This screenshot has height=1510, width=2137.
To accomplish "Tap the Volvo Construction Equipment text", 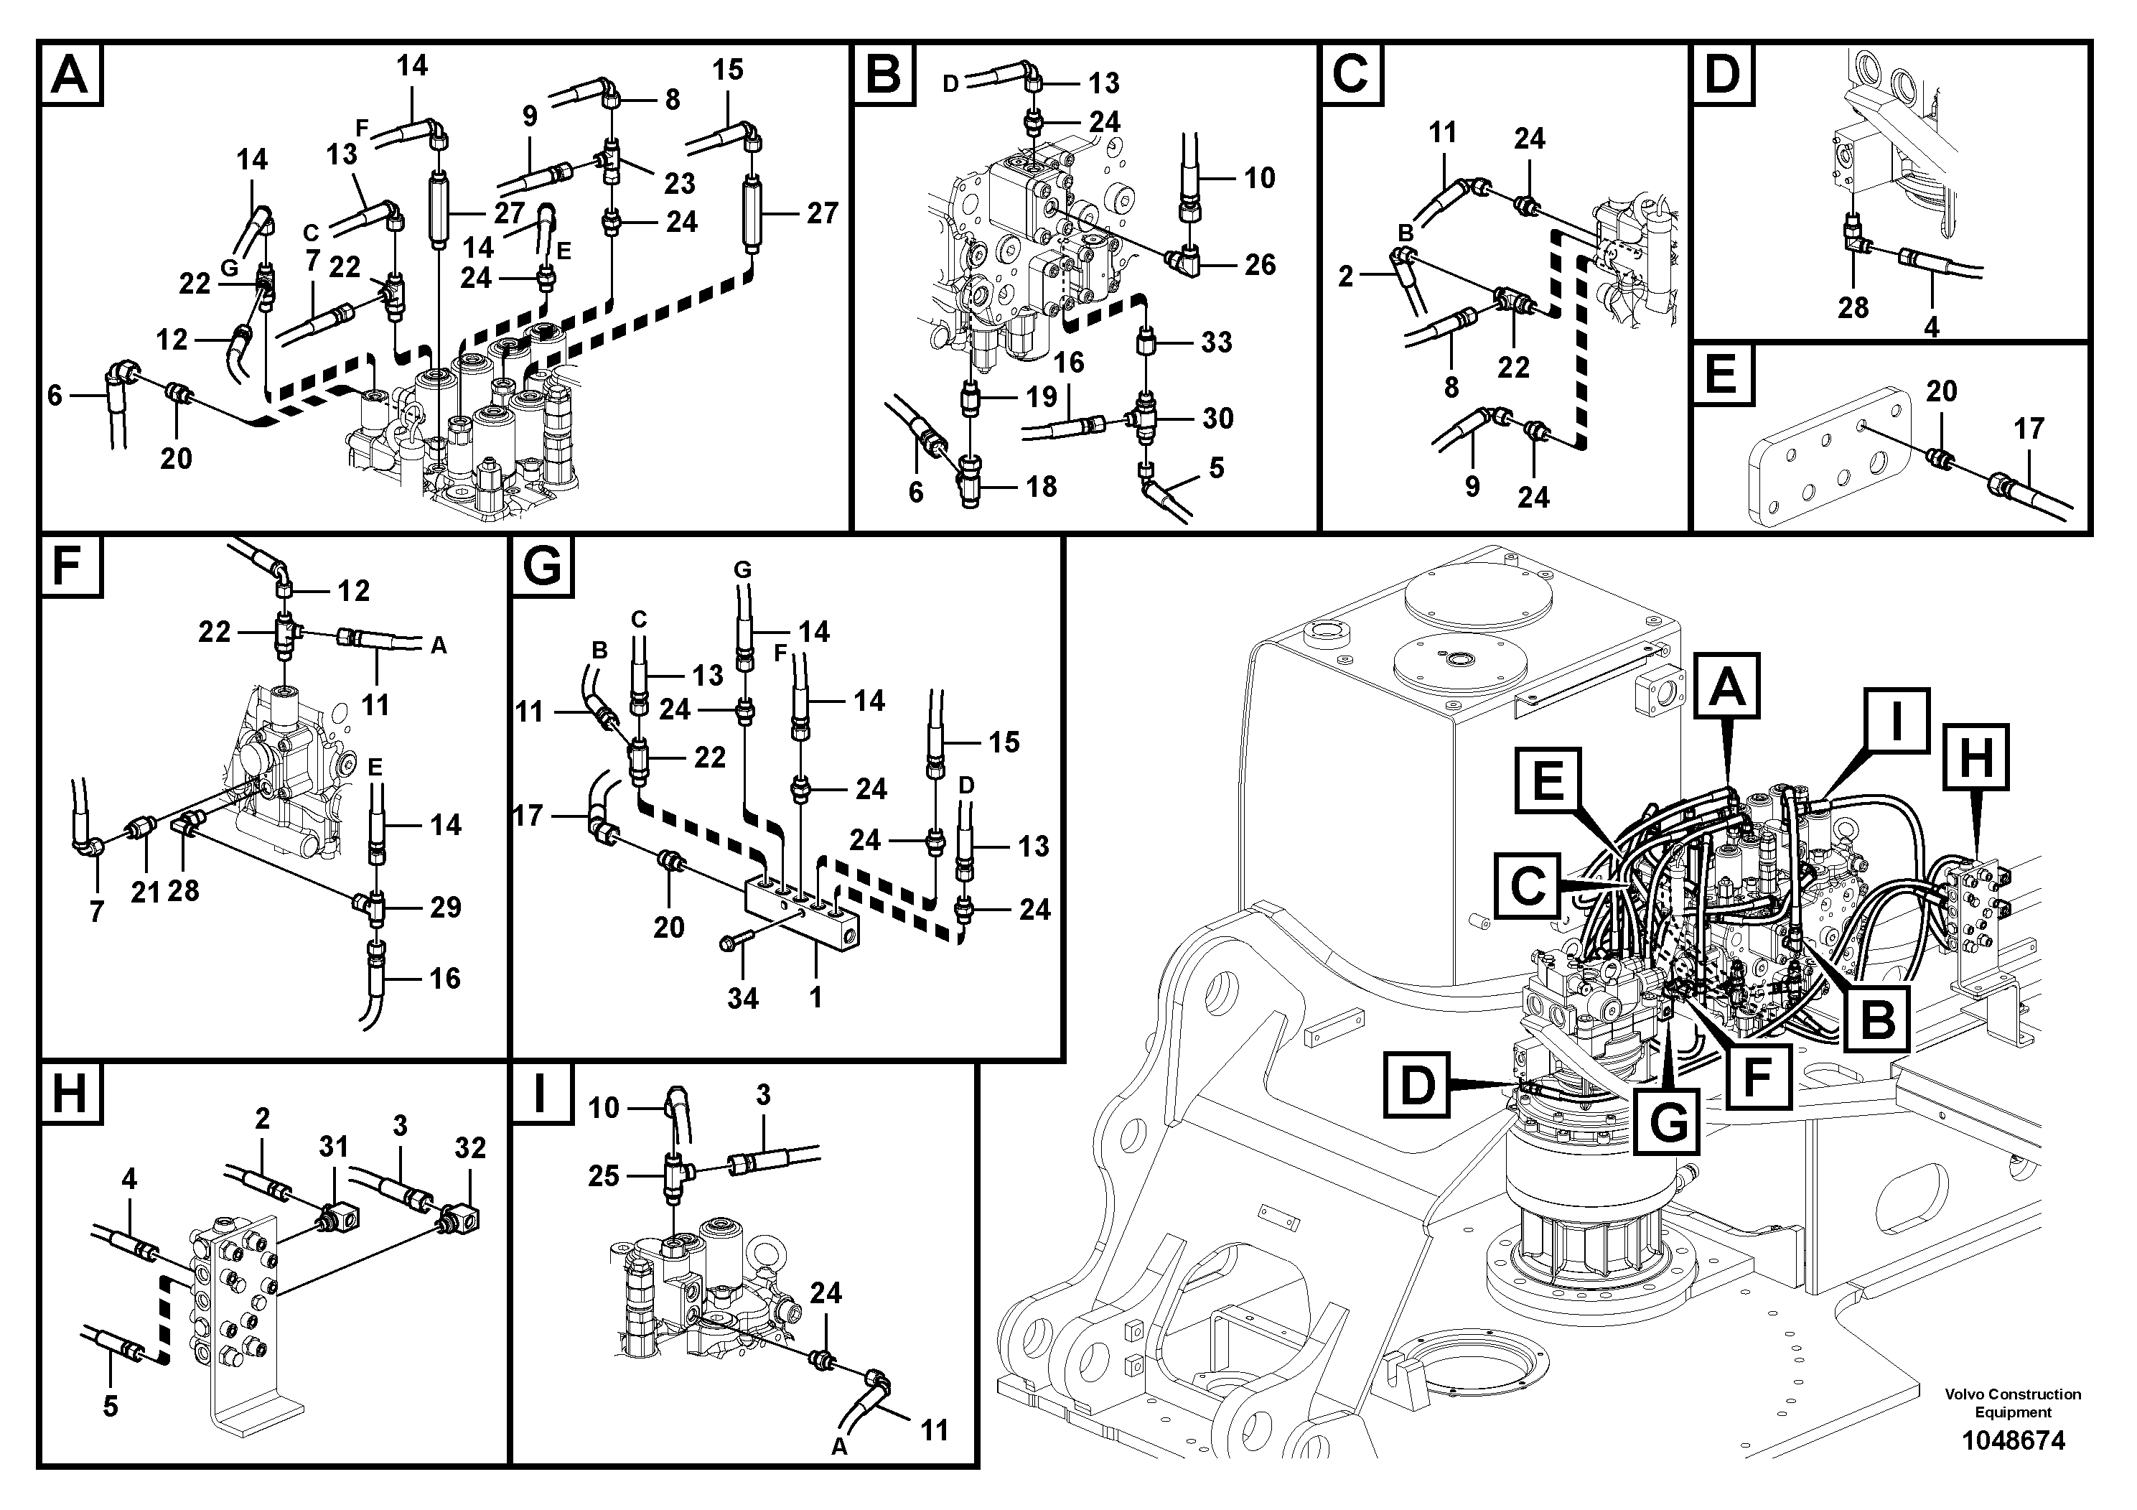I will click(x=2012, y=1402).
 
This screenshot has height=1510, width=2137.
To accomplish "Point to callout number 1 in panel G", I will click(x=815, y=997).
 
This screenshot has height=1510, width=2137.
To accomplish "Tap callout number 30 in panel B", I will click(x=1217, y=418).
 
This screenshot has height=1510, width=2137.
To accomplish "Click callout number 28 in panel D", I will click(x=1852, y=307).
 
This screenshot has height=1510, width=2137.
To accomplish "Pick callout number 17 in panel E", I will click(x=2029, y=428).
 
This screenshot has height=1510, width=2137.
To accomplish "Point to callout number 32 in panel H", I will click(x=470, y=1148).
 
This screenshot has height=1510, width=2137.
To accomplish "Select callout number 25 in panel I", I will click(x=603, y=1176).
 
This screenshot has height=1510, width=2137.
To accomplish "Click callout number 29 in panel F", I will click(x=445, y=907).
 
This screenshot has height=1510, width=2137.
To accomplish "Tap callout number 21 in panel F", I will click(x=145, y=892).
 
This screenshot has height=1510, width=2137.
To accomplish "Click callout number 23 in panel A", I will click(x=680, y=182).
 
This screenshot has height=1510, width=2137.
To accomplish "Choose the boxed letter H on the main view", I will click(x=1975, y=757).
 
